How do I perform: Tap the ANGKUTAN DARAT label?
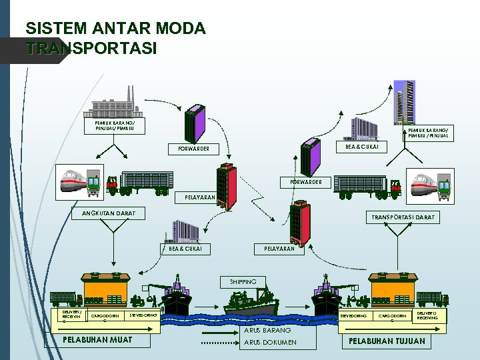[108, 213]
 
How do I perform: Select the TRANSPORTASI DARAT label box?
[403, 217]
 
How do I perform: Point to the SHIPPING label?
[243, 281]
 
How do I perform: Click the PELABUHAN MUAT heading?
[97, 341]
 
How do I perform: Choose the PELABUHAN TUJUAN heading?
[387, 341]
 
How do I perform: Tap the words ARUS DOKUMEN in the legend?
[271, 343]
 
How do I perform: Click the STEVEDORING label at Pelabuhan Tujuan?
[353, 315]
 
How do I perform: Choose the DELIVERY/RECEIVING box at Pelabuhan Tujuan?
[427, 315]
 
